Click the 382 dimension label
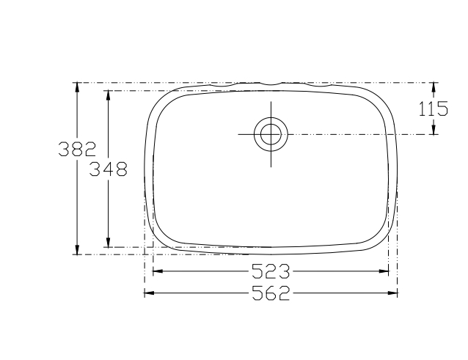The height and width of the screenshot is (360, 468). (77, 149)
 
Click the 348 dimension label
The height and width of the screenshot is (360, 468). (109, 169)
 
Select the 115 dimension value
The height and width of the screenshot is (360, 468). (434, 109)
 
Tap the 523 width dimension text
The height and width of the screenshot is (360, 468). (271, 271)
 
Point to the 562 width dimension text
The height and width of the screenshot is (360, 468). (271, 293)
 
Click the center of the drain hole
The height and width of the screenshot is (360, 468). (271, 134)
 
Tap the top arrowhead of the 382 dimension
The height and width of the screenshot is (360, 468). (77, 87)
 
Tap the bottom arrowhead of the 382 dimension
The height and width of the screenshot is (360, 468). (77, 249)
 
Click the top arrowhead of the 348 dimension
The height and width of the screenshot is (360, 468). (109, 95)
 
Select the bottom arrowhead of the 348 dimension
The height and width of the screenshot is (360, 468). (109, 242)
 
